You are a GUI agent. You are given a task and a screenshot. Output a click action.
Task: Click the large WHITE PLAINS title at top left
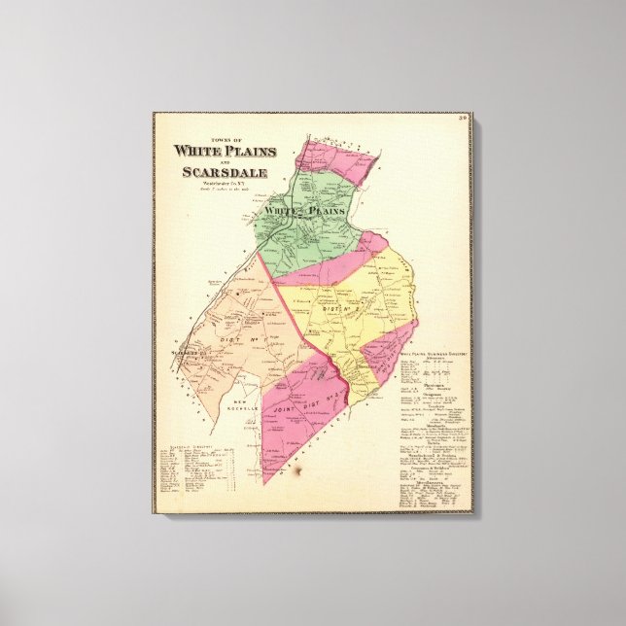(225, 151)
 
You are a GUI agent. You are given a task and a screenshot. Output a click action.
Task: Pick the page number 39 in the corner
(464, 119)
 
